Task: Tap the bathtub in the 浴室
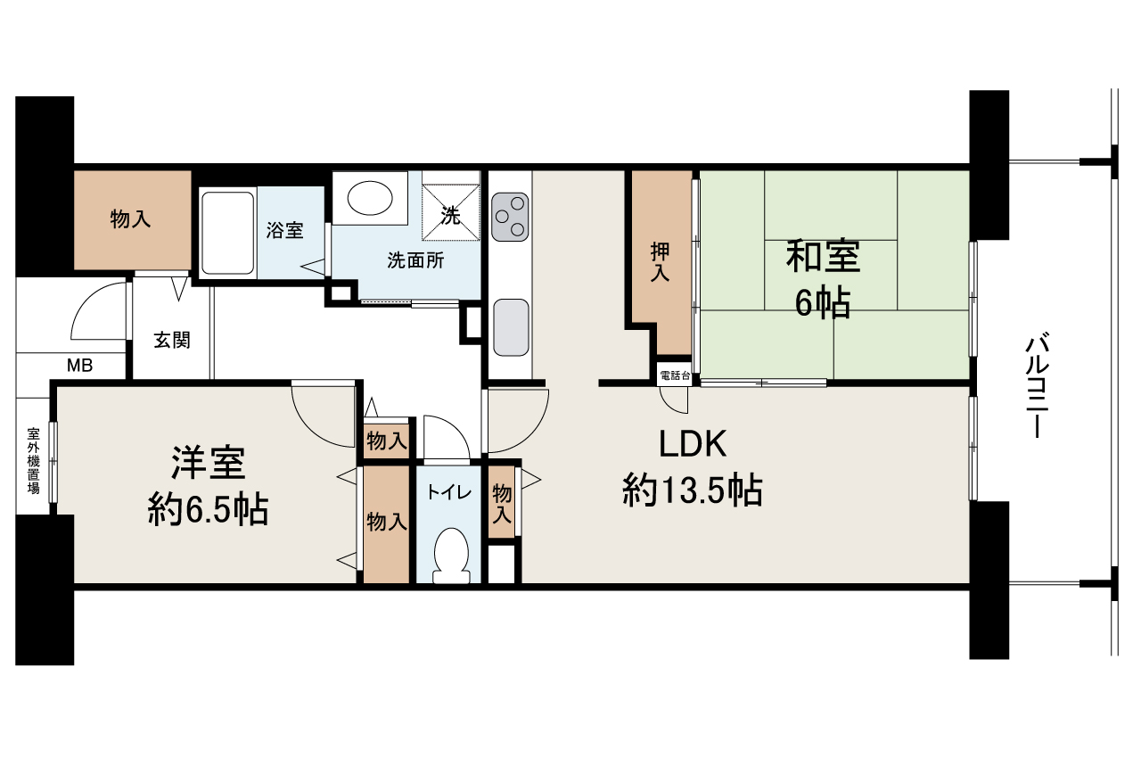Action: (x=228, y=232)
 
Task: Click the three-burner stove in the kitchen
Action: (x=510, y=215)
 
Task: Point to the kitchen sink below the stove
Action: (x=510, y=327)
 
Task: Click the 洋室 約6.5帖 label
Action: (x=208, y=486)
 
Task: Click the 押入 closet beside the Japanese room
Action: (x=661, y=264)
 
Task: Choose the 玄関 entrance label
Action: (x=171, y=341)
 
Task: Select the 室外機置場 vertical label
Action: (x=33, y=459)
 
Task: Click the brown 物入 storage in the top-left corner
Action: (x=131, y=219)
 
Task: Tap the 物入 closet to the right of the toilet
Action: (x=502, y=504)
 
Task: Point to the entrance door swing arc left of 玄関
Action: (x=96, y=311)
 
